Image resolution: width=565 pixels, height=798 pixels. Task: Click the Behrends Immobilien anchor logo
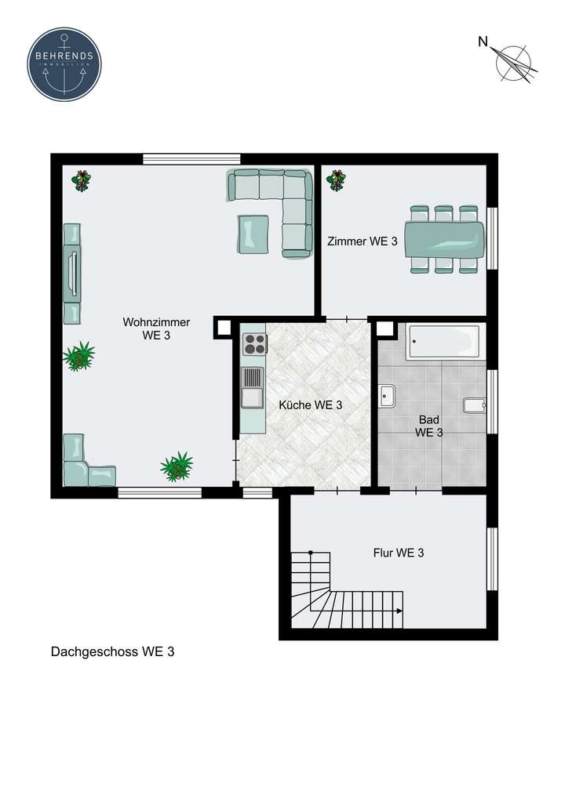[64, 64]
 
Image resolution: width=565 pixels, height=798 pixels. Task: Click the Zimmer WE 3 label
[362, 242]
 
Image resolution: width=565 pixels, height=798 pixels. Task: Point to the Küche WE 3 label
[311, 405]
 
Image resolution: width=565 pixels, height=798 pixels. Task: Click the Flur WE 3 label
[398, 553]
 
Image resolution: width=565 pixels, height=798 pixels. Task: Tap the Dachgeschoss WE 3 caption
[112, 651]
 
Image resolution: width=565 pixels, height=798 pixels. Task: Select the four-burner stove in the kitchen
[253, 344]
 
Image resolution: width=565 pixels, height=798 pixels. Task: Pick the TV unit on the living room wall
[72, 273]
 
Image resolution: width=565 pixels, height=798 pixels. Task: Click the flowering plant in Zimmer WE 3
[336, 180]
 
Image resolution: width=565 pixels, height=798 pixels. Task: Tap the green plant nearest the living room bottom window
[177, 466]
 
